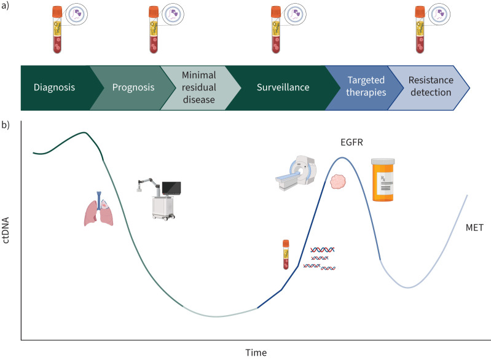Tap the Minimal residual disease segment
(x=198, y=87)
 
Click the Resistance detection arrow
(x=427, y=87)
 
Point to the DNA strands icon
(x=323, y=258)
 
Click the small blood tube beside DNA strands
(x=286, y=254)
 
